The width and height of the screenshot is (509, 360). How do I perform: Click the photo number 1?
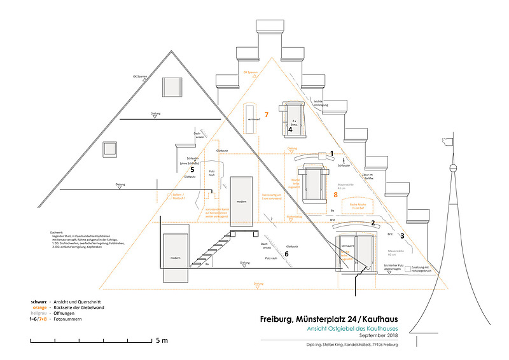(x=331, y=154)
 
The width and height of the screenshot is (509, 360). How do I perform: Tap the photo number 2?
(x=372, y=223)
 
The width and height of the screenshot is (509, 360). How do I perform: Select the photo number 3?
(x=401, y=236)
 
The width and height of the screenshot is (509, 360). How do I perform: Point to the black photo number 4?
(x=290, y=130)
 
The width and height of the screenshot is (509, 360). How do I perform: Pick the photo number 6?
(x=287, y=254)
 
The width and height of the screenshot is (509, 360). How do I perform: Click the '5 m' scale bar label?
(x=162, y=342)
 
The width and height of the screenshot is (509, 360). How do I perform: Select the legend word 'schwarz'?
(x=39, y=301)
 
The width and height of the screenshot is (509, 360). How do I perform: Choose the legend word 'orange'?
(x=39, y=307)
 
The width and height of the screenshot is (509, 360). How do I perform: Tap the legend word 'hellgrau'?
(x=39, y=314)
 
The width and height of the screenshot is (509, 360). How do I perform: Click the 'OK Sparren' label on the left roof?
(x=140, y=76)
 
